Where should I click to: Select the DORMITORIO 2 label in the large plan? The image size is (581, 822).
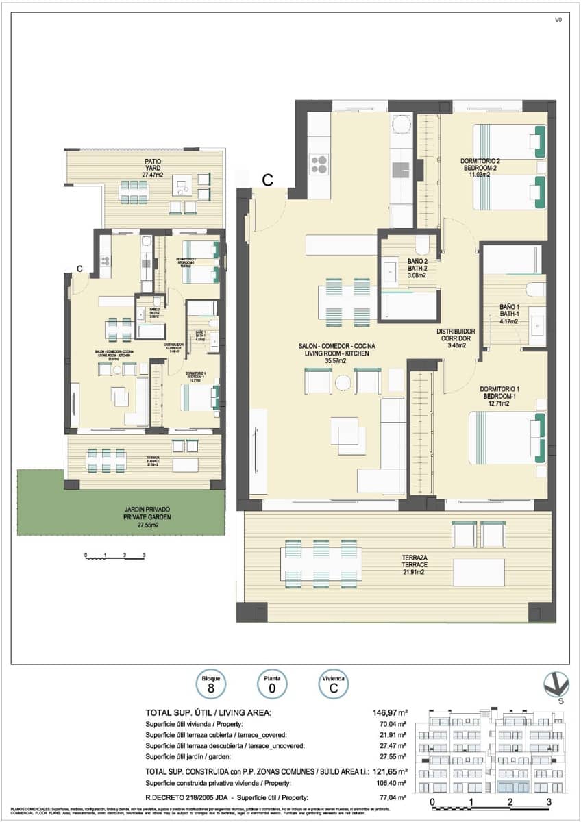[x=484, y=167]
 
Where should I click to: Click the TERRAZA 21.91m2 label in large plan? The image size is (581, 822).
[x=415, y=564]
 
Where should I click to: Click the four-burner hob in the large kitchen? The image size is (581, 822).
[x=319, y=164]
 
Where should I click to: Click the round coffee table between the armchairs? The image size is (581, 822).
[x=343, y=382]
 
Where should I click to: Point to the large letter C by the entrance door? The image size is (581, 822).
[x=268, y=180]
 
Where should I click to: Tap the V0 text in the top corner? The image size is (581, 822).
[x=558, y=20]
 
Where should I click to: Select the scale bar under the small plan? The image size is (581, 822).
[x=114, y=557]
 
